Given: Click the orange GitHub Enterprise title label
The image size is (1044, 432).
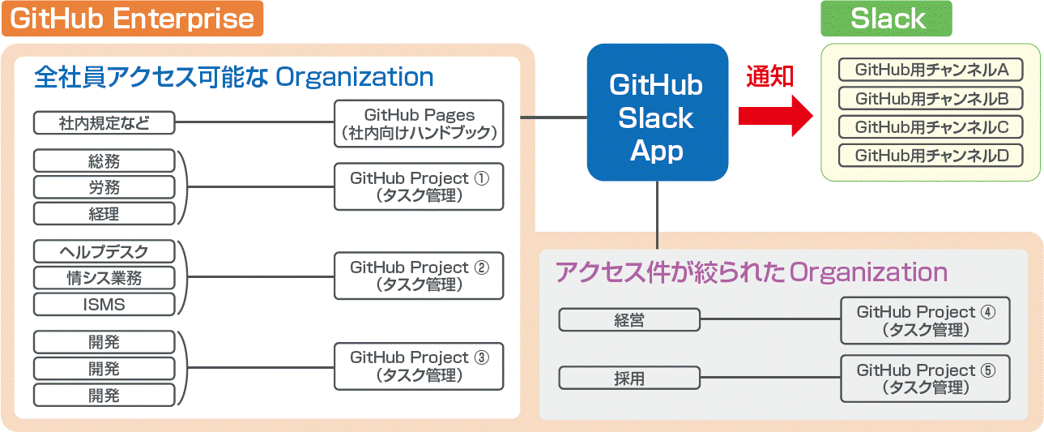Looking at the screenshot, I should pos(132,19).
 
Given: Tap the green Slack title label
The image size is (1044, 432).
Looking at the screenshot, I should pos(887,19).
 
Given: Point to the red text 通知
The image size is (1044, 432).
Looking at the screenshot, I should pos(769,76).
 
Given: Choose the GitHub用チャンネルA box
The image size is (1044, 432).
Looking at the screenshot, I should pos(931,71).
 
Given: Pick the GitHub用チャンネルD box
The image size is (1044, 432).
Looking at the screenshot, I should pos(931,155).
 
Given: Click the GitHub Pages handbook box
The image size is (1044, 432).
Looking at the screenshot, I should pos(419,123).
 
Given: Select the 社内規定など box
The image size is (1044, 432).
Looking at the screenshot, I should pos(104,123).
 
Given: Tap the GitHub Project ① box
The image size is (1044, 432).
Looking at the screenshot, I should pos(419,186).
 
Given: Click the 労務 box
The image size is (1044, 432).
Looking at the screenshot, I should pos(104,187).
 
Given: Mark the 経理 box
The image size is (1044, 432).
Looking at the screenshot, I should pos(104,213).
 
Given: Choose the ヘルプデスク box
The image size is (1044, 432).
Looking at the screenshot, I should pos(104,251).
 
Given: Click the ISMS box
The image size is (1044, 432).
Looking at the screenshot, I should pos(104,305).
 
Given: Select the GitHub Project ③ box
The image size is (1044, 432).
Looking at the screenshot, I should pos(419,366).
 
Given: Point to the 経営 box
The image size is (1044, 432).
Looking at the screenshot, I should pos(629,320).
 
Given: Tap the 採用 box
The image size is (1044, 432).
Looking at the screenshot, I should pos(629,378).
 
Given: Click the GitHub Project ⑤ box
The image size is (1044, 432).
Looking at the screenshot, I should pos(925,379).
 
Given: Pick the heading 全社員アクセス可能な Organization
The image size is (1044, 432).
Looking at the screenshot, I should pos(234,77).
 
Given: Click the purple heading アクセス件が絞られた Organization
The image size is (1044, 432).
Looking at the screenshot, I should pos(751,272).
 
